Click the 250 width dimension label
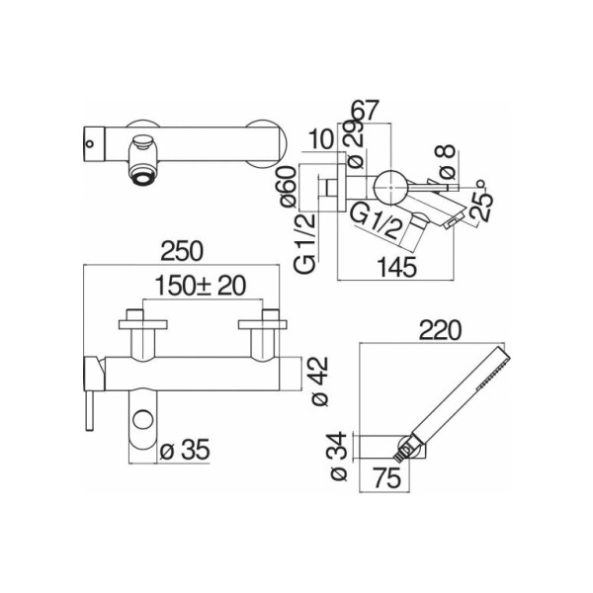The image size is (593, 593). tap(182, 251)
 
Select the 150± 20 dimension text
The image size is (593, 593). tap(201, 286)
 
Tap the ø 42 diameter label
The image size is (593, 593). tap(320, 381)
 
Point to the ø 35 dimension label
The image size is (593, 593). tap(185, 450)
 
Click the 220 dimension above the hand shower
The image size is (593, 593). tap(441, 330)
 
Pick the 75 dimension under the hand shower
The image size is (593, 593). tap(386, 477)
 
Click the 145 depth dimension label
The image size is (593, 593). tap(397, 267)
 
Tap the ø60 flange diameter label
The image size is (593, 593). tap(289, 187)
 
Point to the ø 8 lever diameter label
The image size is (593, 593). tap(447, 162)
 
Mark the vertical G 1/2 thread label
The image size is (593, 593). tap(305, 243)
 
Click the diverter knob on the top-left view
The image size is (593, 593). tap(143, 143)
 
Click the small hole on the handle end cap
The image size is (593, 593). tap(90, 143)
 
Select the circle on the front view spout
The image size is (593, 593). tap(142, 421)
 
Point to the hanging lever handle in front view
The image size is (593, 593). tap(90, 411)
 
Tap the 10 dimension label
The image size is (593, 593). tap(321, 138)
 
